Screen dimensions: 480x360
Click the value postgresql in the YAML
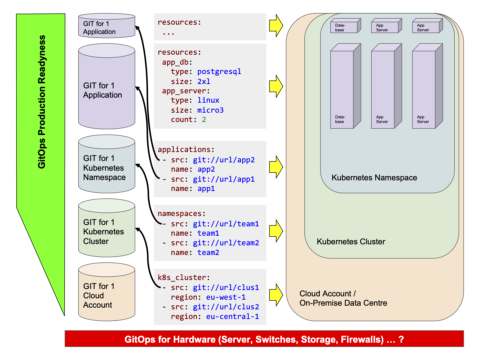[219, 72]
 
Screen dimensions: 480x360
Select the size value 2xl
[204, 82]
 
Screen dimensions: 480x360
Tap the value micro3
[210, 110]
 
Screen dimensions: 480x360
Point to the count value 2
[204, 120]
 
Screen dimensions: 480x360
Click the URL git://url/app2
[224, 160]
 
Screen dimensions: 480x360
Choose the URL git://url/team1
[226, 224]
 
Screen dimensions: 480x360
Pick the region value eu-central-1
[232, 317]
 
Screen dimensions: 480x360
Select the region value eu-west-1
[226, 297]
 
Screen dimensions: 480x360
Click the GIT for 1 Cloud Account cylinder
[107, 292]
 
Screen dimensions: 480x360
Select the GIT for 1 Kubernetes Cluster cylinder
[107, 228]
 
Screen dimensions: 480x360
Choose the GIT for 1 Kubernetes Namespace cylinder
[107, 164]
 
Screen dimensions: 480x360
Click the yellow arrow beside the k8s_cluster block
[276, 295]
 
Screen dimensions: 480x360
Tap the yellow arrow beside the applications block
[276, 167]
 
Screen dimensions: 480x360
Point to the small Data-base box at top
[346, 26]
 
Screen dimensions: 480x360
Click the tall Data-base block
[346, 86]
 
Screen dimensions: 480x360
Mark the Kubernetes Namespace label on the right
[374, 178]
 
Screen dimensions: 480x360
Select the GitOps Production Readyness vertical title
[42, 102]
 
